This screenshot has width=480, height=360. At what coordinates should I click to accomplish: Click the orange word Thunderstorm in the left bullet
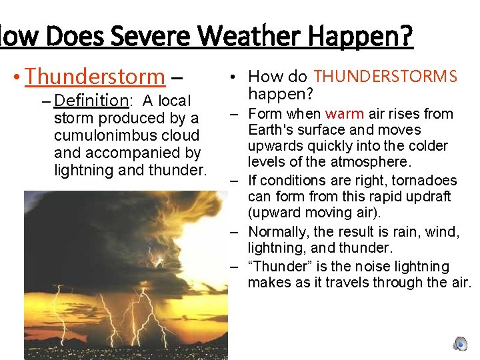coord(94,77)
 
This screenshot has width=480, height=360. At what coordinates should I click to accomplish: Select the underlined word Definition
coord(91,101)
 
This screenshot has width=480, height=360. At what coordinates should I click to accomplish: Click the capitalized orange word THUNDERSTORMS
coord(385,77)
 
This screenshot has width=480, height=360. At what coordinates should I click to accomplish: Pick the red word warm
coord(344,114)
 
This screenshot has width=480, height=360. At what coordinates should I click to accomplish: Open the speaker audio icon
coord(460,344)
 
